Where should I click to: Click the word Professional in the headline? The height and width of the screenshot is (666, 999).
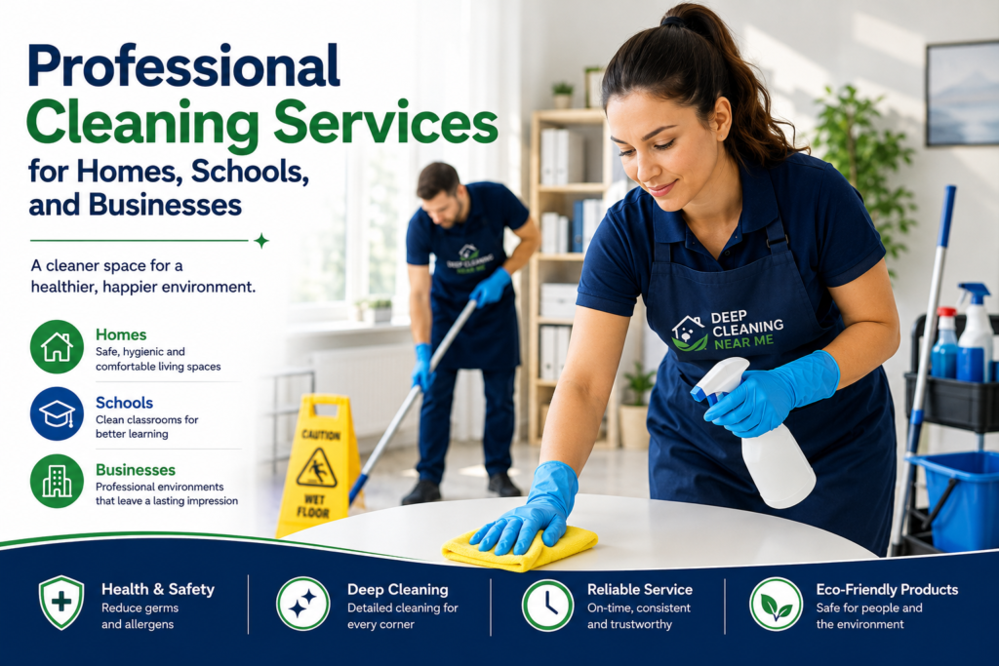(x=183, y=66)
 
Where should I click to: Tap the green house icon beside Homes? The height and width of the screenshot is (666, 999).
(x=57, y=346)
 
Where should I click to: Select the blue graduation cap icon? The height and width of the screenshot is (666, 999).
(x=57, y=413)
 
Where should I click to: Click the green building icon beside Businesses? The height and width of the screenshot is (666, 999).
(x=57, y=481)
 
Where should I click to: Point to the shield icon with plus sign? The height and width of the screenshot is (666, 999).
(x=61, y=603)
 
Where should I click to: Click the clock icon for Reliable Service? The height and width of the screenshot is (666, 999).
(x=547, y=605)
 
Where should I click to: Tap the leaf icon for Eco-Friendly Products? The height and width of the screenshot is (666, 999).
(x=776, y=605)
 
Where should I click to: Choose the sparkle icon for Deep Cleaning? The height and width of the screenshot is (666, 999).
(x=302, y=604)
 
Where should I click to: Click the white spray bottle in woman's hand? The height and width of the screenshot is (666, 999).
(x=758, y=433)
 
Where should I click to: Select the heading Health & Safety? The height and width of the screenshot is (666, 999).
(x=158, y=590)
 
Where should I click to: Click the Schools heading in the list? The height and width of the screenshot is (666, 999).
(x=124, y=403)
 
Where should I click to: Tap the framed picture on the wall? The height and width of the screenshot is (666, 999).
(x=962, y=94)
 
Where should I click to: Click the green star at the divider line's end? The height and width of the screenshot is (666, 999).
(x=260, y=241)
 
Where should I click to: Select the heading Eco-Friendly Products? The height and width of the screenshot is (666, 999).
(x=887, y=590)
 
